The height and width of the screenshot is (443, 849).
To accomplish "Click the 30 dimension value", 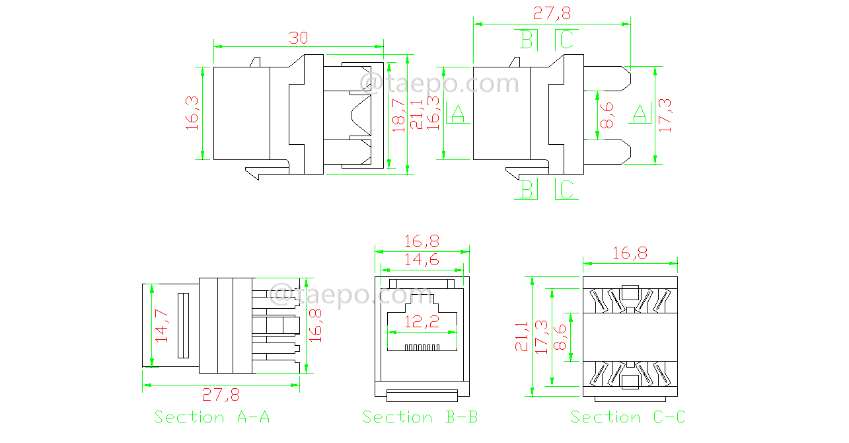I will point(299,38).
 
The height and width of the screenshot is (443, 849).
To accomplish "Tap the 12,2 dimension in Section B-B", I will point(422,323).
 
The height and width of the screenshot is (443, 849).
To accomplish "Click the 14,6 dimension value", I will point(422,261).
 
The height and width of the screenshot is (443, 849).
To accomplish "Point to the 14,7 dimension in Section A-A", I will point(162,325).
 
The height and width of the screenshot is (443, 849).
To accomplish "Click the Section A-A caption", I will point(212,417).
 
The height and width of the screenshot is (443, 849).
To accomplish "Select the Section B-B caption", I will point(420,417).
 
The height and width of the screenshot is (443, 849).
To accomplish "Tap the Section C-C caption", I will point(628,417).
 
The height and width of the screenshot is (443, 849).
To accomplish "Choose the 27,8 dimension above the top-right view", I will point(552,13).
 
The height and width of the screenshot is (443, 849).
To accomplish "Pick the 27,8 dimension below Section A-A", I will point(221,395).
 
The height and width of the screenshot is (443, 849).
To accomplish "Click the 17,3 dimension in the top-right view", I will point(665,115).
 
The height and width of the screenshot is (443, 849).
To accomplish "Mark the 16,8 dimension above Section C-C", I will point(630,253).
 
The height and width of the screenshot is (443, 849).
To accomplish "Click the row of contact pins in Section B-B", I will point(422,347).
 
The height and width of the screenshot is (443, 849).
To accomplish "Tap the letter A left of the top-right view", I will point(458,114).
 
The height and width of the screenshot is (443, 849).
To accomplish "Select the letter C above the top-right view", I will point(567,40).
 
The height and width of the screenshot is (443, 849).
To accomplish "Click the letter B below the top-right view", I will point(527,190).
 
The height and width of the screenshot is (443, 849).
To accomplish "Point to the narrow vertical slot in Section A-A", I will point(182,325).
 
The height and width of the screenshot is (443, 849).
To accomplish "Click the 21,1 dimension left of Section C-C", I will point(523,337).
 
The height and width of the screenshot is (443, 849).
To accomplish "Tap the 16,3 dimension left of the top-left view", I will point(192,112).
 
